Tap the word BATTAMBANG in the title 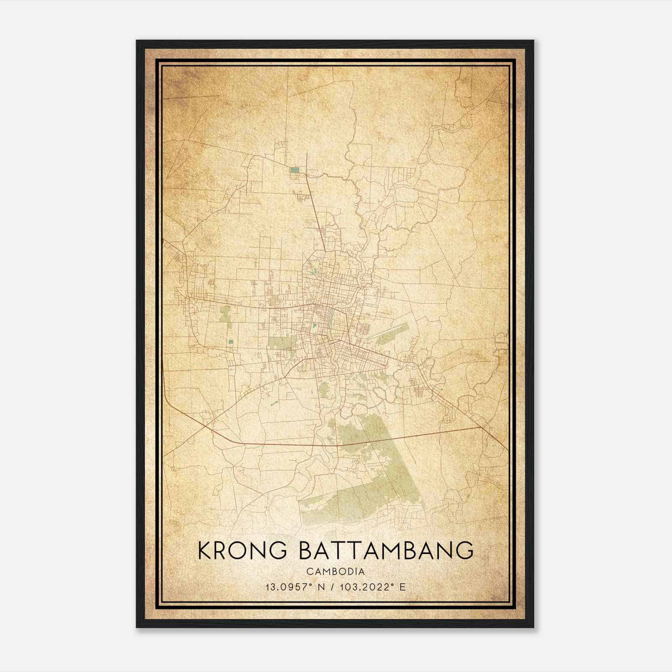pyautogui.click(x=386, y=551)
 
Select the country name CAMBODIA pyautogui.click(x=336, y=572)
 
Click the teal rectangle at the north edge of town pyautogui.click(x=295, y=170)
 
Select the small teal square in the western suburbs pyautogui.click(x=231, y=341)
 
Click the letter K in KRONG pyautogui.click(x=204, y=551)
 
